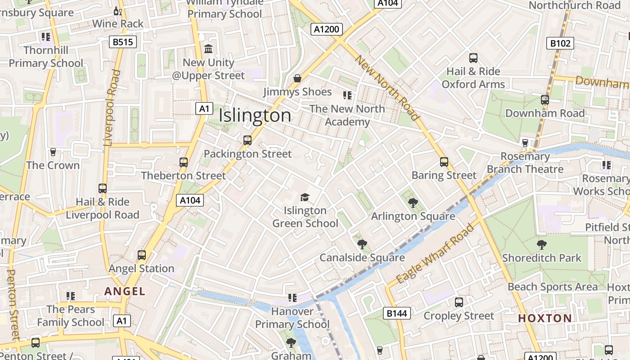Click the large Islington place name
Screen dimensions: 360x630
click(255, 116)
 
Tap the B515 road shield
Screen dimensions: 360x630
click(123, 42)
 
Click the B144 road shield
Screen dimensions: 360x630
click(397, 313)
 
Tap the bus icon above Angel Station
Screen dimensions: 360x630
click(142, 255)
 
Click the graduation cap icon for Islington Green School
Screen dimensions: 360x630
click(305, 197)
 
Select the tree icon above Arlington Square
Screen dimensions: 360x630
click(413, 203)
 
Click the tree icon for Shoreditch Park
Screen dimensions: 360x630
click(542, 245)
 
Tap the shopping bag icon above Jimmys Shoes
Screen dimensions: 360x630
click(297, 79)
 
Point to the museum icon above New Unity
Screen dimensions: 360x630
click(208, 49)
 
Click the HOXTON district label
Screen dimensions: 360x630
click(545, 319)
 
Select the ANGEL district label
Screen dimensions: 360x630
click(125, 291)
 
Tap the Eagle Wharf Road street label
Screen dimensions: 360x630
click(435, 253)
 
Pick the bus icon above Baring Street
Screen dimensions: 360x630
click(444, 162)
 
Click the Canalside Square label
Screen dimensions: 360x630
click(362, 258)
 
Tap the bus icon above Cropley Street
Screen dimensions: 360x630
click(459, 302)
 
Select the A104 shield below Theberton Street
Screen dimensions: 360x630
click(190, 200)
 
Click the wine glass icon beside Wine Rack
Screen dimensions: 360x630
click(118, 11)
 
